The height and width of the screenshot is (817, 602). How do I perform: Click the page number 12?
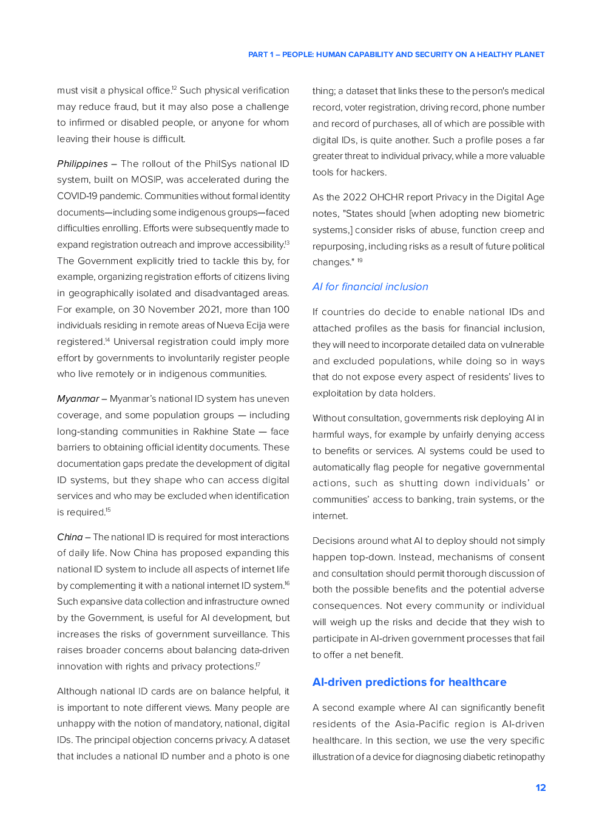pyautogui.click(x=540, y=787)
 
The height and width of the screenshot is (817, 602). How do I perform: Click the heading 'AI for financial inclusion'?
pyautogui.click(x=370, y=286)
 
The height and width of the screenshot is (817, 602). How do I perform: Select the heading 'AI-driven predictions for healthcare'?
pyautogui.click(x=409, y=682)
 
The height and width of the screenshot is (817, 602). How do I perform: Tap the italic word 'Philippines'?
pyautogui.click(x=82, y=164)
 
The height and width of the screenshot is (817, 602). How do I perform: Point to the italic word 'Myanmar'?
pyautogui.click(x=78, y=399)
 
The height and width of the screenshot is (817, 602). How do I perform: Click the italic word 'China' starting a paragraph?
pyautogui.click(x=70, y=537)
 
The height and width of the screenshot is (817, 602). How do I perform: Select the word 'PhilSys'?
pyautogui.click(x=220, y=164)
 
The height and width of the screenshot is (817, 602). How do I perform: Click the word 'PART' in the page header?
pyautogui.click(x=258, y=55)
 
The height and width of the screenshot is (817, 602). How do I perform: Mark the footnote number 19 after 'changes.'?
pyautogui.click(x=360, y=260)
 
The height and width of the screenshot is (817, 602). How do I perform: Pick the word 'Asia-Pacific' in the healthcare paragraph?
pyautogui.click(x=422, y=724)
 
